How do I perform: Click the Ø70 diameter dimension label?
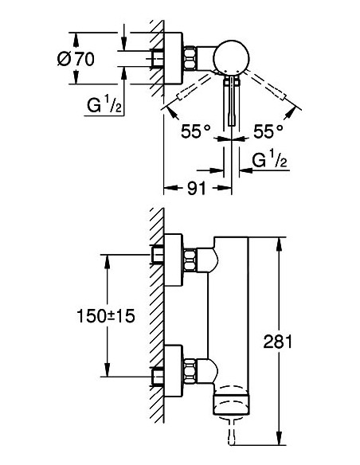tap(76, 59)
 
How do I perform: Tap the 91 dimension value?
tap(197, 188)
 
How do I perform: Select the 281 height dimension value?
tap(278, 341)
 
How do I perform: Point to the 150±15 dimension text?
tap(106, 316)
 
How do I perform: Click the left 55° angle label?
tap(196, 131)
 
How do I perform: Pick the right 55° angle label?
tap(268, 131)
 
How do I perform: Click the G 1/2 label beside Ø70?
tap(104, 105)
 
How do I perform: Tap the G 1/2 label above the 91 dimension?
tap(269, 160)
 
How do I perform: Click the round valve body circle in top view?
tap(231, 57)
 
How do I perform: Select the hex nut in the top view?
tap(190, 58)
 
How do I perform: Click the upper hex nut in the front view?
tap(190, 260)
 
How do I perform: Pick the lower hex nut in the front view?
tap(190, 371)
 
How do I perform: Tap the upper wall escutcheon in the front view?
tap(173, 260)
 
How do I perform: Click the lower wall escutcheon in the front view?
tap(173, 371)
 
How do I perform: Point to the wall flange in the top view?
tap(173, 58)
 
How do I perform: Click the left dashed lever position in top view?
tap(194, 87)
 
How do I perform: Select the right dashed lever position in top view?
tap(267, 85)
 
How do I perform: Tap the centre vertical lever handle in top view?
tap(232, 101)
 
